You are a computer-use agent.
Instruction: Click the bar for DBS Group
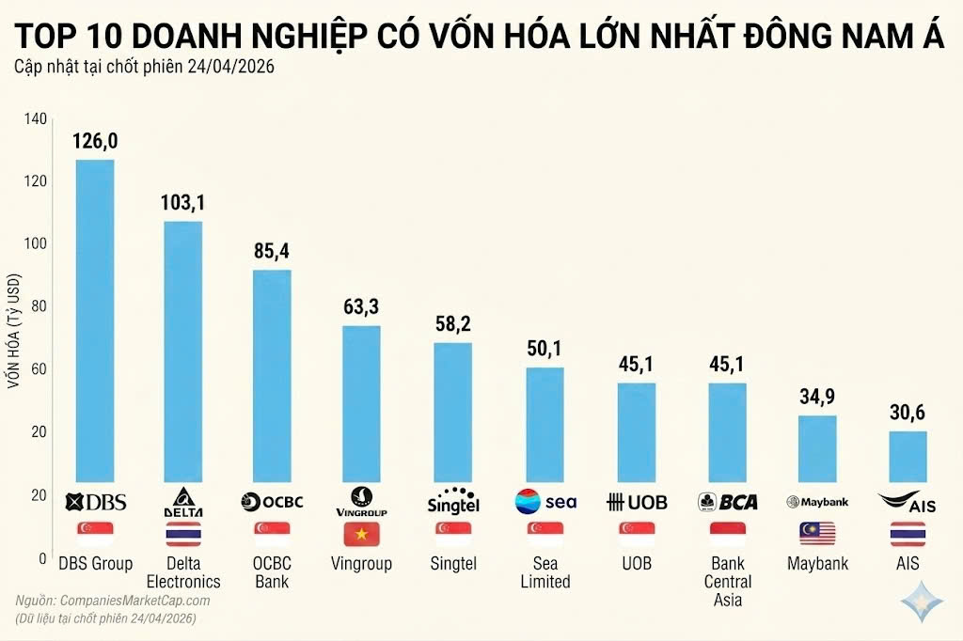(95, 320)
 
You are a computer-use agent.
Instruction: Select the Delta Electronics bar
(183, 351)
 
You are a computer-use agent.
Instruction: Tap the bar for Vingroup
(361, 403)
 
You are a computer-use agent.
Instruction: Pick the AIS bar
(908, 456)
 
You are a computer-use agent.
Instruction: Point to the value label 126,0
(95, 141)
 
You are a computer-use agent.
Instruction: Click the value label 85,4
(272, 252)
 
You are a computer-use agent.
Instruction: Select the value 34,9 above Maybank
(817, 397)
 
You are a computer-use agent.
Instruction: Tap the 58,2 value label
(452, 324)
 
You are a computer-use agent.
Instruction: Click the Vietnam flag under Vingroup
(361, 534)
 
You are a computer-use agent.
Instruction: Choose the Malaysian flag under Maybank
(817, 534)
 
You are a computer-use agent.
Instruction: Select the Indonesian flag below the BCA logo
(727, 534)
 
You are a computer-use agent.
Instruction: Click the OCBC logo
(272, 501)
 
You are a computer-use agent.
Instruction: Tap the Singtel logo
(452, 502)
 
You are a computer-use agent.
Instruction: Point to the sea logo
(545, 502)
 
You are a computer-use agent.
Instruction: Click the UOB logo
(637, 502)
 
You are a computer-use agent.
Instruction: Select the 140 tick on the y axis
(35, 118)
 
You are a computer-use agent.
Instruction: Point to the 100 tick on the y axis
(35, 243)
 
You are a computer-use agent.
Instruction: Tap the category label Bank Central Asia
(727, 581)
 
